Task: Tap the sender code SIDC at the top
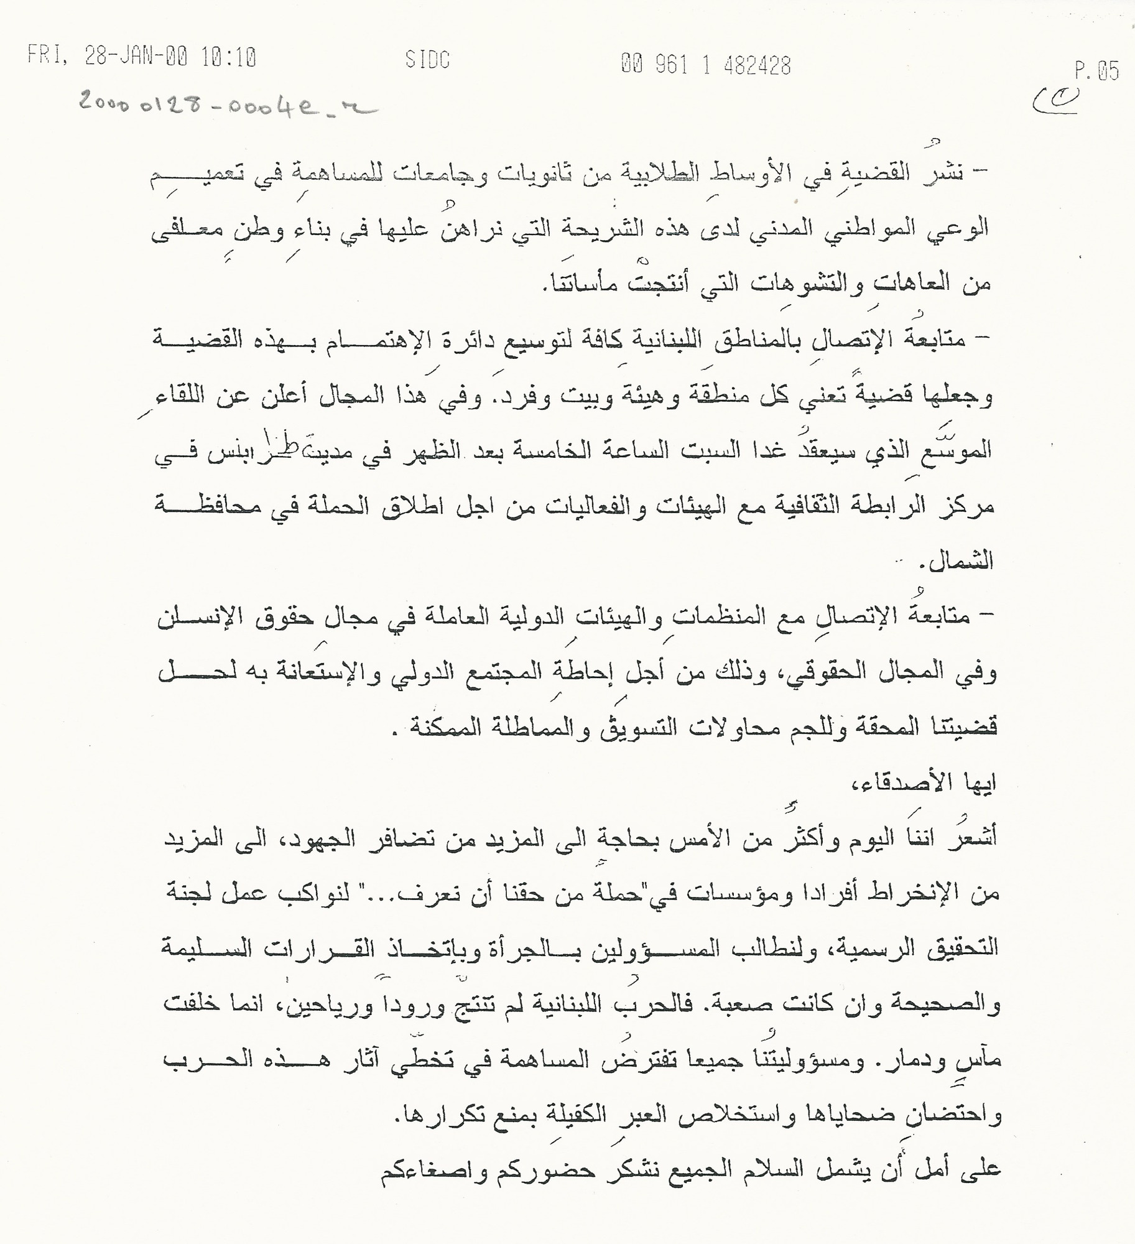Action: [x=427, y=60]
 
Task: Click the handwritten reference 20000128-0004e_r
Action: [x=228, y=106]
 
